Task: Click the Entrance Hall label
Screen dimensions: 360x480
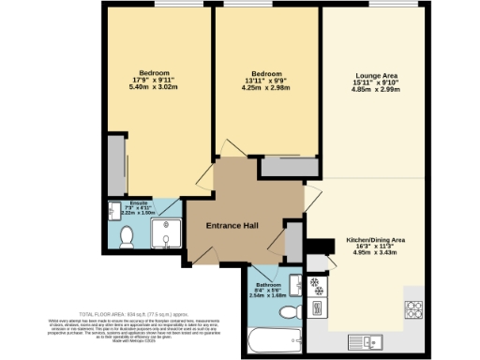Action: pyautogui.click(x=232, y=226)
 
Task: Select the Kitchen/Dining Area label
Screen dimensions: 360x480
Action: pyautogui.click(x=378, y=238)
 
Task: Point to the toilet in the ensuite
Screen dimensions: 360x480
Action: pyautogui.click(x=125, y=240)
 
